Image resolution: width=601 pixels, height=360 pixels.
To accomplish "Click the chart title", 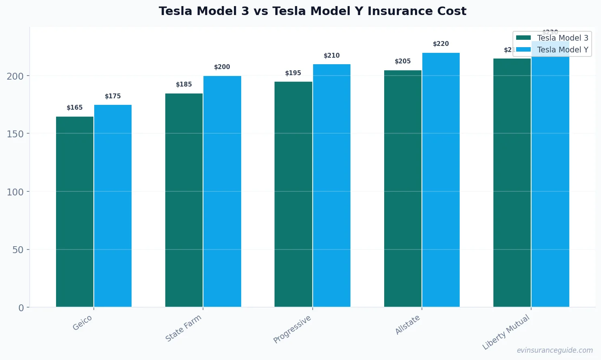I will pos(312,11).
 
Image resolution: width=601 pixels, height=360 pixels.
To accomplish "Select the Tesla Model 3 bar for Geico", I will pos(75,211).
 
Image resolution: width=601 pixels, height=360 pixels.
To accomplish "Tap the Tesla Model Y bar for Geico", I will pos(113,206).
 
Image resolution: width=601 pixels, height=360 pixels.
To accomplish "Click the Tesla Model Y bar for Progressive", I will pos(332,185).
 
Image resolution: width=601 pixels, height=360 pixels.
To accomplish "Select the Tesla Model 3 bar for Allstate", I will pos(403,189).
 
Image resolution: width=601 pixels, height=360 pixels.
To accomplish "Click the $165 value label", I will pos(75,108).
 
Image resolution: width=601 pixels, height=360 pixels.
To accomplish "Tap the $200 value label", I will pos(222,67).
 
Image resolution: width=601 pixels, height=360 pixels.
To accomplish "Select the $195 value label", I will pos(293,73).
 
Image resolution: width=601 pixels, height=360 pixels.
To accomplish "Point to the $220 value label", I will pos(441,44).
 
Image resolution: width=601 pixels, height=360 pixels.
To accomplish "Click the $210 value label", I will pos(332,56).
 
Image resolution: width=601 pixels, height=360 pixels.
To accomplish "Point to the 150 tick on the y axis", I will pos(15,134).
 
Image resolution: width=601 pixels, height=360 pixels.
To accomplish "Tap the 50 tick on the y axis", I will pos(18,249).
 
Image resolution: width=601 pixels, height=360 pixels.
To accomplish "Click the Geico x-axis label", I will pos(82,323).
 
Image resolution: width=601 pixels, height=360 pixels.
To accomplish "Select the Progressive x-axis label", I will pos(292,329).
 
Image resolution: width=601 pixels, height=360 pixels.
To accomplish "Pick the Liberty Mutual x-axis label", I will pos(506,332).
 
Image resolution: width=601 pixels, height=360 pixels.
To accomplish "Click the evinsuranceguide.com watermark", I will pos(555,350).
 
